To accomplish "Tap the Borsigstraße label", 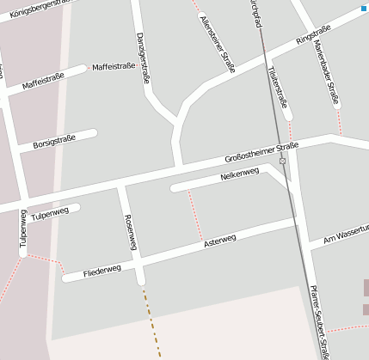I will tap(54, 140).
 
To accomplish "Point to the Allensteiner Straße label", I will tap(217, 40).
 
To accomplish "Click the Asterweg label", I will tap(220, 242).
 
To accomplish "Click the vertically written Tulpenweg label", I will tap(23, 230).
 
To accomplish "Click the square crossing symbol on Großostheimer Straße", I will tap(282, 161).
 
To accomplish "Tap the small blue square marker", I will tap(364, 8).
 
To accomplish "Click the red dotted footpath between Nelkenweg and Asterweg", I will tap(195, 216).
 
